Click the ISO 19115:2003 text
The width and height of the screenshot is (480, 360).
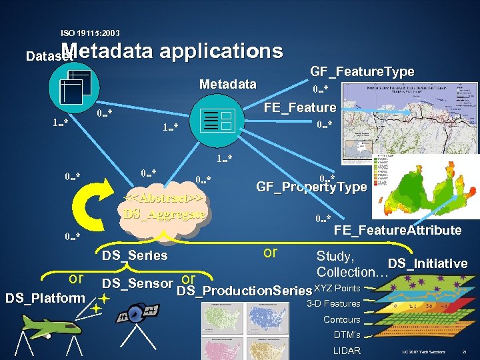click(x=90, y=33)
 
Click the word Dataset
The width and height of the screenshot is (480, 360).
click(x=48, y=57)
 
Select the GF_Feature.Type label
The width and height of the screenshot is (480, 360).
click(x=362, y=71)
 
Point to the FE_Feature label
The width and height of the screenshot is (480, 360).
click(x=300, y=107)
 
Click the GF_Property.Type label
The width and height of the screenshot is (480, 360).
click(x=311, y=187)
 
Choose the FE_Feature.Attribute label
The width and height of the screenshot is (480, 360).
click(x=397, y=230)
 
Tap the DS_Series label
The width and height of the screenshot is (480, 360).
click(x=134, y=255)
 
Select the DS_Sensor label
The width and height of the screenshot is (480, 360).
click(x=137, y=283)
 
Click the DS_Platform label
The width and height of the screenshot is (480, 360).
click(x=45, y=298)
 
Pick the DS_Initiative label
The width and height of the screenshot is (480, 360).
click(x=427, y=263)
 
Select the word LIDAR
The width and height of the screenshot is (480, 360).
click(x=346, y=351)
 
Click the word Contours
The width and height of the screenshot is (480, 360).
click(x=341, y=319)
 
